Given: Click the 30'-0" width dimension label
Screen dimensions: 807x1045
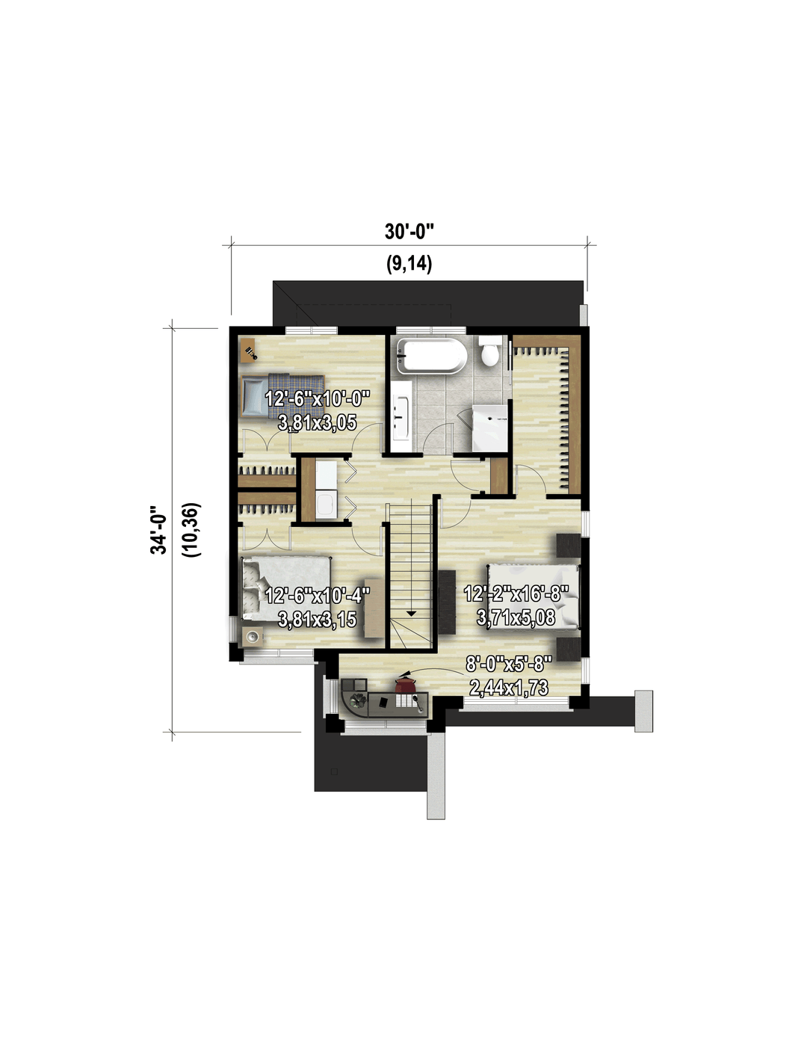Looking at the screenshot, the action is [409, 232].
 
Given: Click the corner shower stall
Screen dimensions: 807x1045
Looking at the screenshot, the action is [490, 428].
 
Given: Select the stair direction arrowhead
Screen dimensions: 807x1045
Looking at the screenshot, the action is [411, 613].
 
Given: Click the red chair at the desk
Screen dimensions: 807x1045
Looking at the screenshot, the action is [406, 684].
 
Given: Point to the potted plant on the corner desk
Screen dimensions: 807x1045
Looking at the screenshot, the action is [358, 702].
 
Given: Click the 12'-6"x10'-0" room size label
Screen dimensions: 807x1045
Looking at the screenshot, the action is [318, 398].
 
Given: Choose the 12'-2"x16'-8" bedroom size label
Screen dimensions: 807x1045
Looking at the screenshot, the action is [516, 594].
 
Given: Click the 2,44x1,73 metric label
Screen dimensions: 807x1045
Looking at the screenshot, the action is [509, 688].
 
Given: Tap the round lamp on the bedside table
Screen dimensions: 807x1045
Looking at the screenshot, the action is [253, 637].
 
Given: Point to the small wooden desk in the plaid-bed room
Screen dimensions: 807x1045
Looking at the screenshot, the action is [249, 349].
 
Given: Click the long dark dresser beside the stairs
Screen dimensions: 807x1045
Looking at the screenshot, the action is [447, 602].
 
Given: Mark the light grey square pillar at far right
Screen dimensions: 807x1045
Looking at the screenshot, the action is [643, 712].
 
